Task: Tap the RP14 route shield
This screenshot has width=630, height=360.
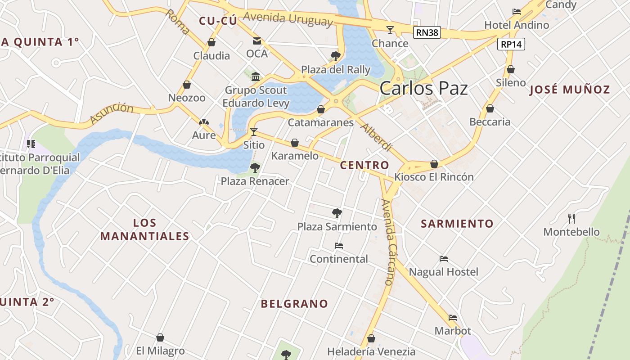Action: pyautogui.click(x=511, y=44)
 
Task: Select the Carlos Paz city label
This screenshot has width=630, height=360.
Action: pyautogui.click(x=423, y=89)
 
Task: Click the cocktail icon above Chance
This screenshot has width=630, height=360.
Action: pyautogui.click(x=390, y=30)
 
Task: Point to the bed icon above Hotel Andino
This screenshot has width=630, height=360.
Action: pyautogui.click(x=517, y=11)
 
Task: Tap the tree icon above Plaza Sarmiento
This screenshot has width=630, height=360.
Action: pyautogui.click(x=337, y=213)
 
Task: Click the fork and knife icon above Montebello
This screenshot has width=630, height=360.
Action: pyautogui.click(x=571, y=219)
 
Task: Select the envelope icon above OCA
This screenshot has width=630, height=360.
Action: pyautogui.click(x=256, y=41)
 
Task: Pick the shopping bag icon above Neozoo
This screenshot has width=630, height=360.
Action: pyautogui.click(x=187, y=85)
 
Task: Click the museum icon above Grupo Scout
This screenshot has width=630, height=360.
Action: pyautogui.click(x=256, y=76)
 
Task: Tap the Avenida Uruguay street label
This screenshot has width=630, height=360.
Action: pyautogui.click(x=288, y=19)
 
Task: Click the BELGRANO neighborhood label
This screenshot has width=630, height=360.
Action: pyautogui.click(x=295, y=304)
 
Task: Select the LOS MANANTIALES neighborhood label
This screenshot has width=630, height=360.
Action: pyautogui.click(x=144, y=229)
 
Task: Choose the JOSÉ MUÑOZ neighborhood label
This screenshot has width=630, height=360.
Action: pyautogui.click(x=569, y=89)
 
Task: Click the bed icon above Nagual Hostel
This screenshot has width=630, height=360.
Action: pyautogui.click(x=444, y=259)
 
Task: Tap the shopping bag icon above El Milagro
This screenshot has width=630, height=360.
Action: pyautogui.click(x=160, y=337)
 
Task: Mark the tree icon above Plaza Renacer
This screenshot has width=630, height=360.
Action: pyautogui.click(x=255, y=168)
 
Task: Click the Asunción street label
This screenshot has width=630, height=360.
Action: pyautogui.click(x=112, y=113)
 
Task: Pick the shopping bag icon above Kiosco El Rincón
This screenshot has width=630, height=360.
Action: pyautogui.click(x=434, y=164)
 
